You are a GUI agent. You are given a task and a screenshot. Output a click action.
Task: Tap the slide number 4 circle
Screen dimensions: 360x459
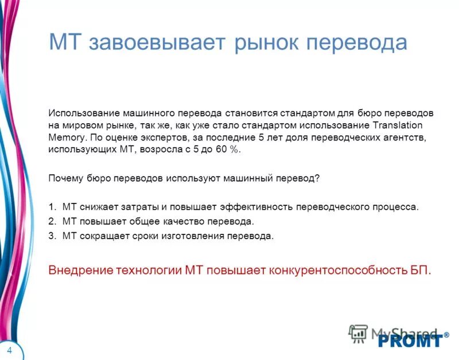(10, 349)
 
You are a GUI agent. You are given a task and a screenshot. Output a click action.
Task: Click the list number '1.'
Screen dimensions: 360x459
(52, 207)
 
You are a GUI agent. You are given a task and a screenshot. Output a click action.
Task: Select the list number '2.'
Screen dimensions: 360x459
(52, 221)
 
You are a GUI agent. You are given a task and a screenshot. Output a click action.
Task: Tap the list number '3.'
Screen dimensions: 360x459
(52, 236)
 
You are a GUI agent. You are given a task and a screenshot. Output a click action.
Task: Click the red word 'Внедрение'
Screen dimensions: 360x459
(79, 269)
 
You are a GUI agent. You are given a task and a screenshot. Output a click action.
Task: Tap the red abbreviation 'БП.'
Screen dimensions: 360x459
(419, 269)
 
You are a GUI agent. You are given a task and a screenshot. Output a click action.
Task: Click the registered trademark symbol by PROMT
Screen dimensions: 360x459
(446, 334)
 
